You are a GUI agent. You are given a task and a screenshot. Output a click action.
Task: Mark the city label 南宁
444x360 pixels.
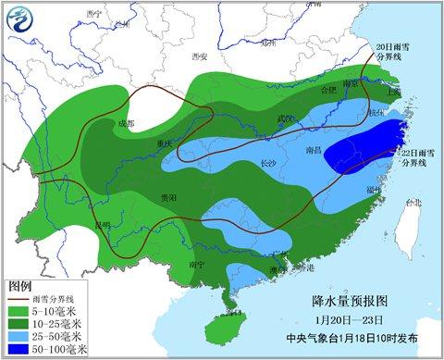pos(195,265)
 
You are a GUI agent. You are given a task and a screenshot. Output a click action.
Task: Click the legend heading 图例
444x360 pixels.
pos(20,287)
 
